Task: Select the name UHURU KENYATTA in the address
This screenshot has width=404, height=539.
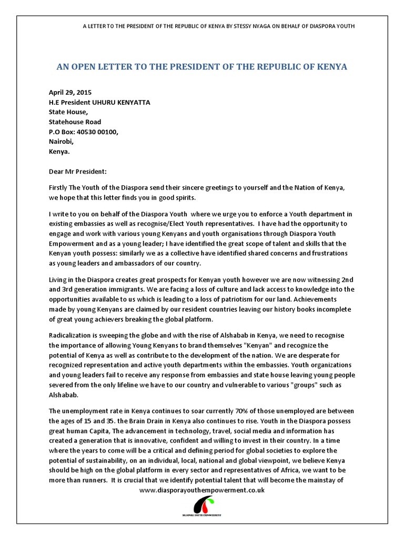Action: (122, 102)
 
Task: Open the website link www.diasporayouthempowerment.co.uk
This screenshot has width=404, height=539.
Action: (201, 490)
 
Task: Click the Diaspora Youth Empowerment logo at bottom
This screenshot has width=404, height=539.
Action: (201, 507)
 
